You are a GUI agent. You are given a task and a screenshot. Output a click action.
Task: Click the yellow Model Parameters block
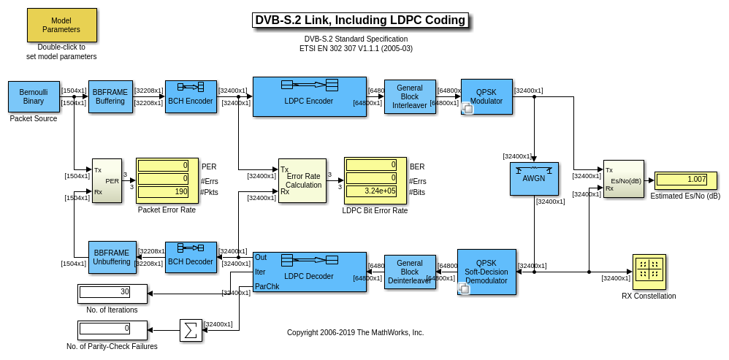pos(61,26)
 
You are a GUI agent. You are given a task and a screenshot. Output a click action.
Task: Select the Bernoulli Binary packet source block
pos(34,96)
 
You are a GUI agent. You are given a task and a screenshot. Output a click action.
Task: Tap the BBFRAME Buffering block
pos(110,96)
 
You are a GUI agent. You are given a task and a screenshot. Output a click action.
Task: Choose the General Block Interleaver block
pos(409,96)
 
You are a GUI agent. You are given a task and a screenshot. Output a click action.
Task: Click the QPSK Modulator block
pos(486,96)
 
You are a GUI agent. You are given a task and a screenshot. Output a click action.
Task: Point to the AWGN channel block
pos(534,179)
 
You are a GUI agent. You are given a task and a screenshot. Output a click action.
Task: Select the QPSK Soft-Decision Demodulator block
pos(486,272)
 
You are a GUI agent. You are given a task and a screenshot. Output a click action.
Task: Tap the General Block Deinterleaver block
pos(409,272)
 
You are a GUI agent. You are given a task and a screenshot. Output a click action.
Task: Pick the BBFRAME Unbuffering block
pos(110,257)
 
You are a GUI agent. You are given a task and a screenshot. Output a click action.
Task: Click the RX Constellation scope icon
pos(649,271)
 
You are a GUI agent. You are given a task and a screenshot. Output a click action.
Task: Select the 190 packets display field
pos(163,192)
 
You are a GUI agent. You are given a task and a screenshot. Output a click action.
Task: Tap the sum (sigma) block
pos(191,330)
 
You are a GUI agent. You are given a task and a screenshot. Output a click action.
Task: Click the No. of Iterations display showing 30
pos(105,292)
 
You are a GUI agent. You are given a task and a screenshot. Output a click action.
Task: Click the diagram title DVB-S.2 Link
pos(360,20)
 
